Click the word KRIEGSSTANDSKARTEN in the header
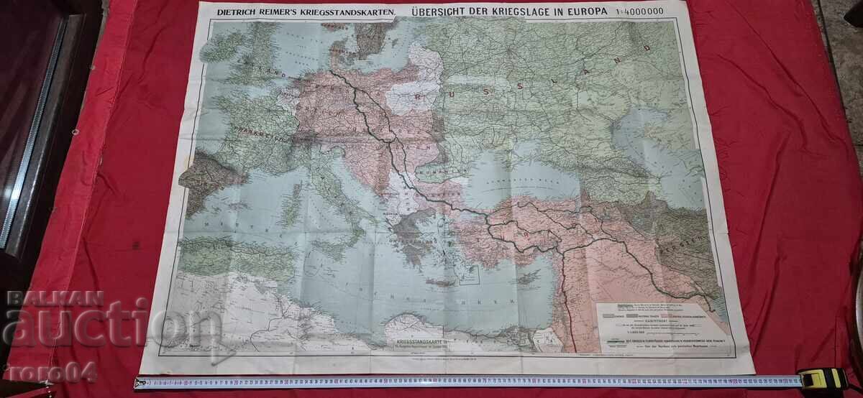(x=337, y=11)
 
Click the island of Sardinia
(x=293, y=208)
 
